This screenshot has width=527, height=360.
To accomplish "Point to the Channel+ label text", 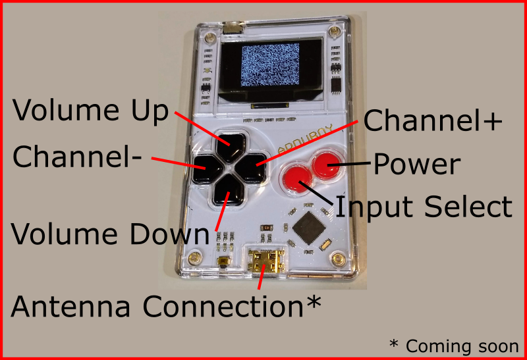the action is pos(432,121).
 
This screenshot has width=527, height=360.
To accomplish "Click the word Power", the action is pos(416,165).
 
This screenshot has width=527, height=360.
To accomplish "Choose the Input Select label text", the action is pos(424,207).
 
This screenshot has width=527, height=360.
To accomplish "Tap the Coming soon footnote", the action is pos(454,346).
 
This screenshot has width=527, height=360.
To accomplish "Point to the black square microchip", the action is pos(308,227).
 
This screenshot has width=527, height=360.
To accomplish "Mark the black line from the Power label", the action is pos(355,163).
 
